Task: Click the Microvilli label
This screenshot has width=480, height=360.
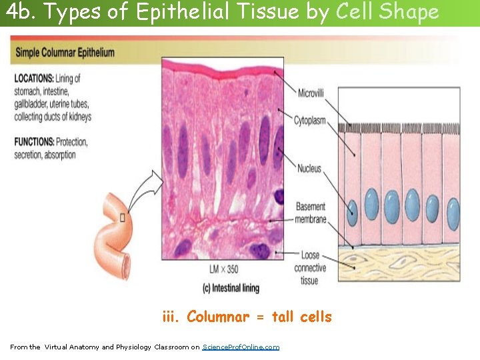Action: click(311, 93)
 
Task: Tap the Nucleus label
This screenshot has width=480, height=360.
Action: click(309, 169)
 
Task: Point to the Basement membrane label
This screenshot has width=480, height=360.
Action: click(311, 213)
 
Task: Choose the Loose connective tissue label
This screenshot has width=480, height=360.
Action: click(310, 268)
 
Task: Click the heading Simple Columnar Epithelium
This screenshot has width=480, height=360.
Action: click(65, 53)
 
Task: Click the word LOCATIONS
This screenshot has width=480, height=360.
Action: click(33, 79)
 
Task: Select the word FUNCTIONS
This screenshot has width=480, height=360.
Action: click(34, 142)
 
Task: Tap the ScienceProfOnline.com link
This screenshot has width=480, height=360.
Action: click(241, 347)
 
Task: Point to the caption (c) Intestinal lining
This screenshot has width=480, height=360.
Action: click(230, 288)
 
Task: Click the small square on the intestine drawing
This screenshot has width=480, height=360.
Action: click(122, 218)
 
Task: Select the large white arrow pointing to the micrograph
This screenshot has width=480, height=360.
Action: click(145, 190)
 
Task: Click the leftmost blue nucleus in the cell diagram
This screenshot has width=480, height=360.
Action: click(353, 212)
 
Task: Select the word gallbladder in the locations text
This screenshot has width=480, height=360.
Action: click(35, 104)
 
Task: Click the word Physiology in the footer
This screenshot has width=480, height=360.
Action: click(133, 347)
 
